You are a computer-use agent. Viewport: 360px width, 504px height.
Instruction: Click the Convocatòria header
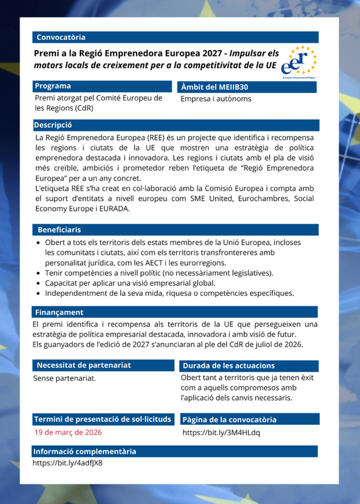click(61, 38)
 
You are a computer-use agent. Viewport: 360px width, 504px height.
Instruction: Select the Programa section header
click(52, 86)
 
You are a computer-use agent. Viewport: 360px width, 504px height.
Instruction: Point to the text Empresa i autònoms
click(216, 99)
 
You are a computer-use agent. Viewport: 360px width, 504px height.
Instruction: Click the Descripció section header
click(53, 125)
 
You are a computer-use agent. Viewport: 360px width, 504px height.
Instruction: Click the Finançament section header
click(58, 312)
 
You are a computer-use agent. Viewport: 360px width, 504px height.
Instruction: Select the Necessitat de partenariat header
click(84, 365)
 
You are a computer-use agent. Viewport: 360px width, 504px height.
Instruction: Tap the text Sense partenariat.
click(65, 379)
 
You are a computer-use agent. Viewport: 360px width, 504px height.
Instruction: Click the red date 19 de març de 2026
click(69, 432)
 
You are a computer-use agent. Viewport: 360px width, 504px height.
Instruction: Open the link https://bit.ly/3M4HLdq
click(221, 432)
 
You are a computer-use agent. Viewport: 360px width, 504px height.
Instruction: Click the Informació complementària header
click(85, 451)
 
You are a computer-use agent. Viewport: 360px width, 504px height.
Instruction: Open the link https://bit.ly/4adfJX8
click(68, 463)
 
